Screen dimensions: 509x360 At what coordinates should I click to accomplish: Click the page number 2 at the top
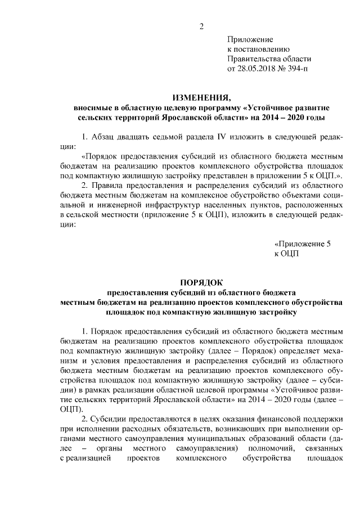201,25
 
